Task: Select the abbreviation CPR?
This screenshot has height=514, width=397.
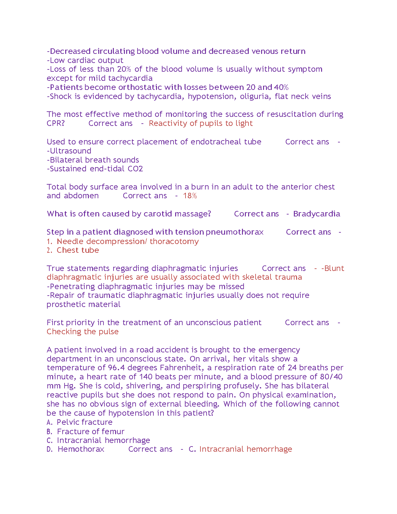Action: coord(55,123)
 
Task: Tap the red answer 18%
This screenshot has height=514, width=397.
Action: coord(190,196)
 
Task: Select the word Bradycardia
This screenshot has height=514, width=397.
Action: coord(317,214)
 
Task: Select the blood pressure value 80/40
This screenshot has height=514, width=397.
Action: coord(331,377)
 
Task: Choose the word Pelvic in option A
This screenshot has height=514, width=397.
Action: coord(67,422)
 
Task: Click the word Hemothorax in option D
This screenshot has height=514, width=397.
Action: coord(81,449)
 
